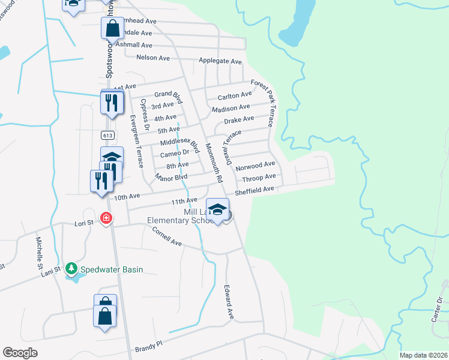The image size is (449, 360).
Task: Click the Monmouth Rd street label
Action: [x=214, y=163]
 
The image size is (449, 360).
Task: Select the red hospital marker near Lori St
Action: [x=106, y=218]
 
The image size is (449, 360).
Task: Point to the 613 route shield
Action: [x=107, y=136]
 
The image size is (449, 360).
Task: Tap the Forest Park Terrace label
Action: [x=262, y=103]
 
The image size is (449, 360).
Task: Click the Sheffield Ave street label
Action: [x=255, y=190]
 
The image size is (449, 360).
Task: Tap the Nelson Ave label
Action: [x=153, y=58]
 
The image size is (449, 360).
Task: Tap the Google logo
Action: [x=20, y=352]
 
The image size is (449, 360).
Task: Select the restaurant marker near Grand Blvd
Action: [x=111, y=103]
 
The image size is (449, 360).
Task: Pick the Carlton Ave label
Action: [x=235, y=95]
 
